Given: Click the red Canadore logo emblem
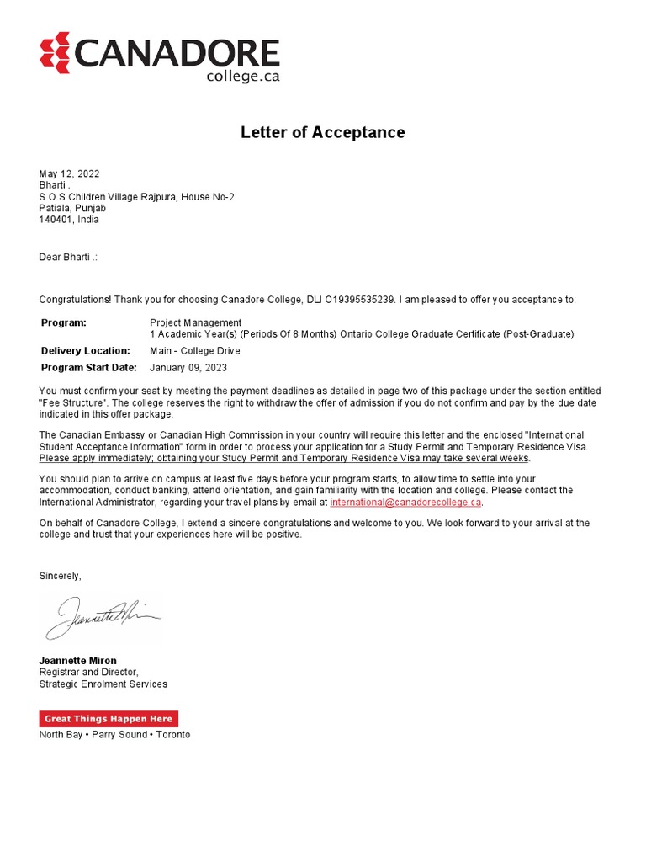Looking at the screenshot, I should point(55,52).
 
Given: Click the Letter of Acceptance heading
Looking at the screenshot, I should point(323,132).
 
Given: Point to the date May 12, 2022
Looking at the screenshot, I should point(69,174).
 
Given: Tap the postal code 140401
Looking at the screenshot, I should point(55,220).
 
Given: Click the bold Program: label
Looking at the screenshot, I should point(64,322).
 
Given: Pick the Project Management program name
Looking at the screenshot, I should point(195,322).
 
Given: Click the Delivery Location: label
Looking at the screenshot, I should point(85,351).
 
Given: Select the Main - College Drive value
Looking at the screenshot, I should point(194,351).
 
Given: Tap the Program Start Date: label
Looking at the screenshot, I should point(88,368).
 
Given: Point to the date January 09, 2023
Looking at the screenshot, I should point(188,368).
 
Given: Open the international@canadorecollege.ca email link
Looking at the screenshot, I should point(405,502).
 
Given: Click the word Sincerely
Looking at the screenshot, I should point(61,576).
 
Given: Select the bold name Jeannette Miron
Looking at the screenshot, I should point(78,661).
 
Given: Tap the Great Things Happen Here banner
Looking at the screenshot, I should point(109,719).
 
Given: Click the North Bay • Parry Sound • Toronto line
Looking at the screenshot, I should point(114,735).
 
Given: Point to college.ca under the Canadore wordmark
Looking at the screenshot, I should point(242,76).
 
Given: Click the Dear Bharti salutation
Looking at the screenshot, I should point(68,257).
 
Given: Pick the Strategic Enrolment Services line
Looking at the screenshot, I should point(103,684).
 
